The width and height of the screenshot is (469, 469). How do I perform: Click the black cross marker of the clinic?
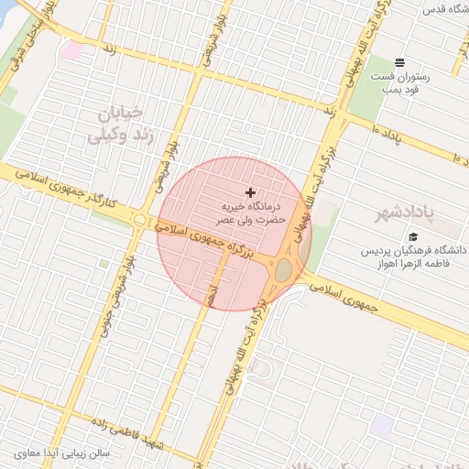250,192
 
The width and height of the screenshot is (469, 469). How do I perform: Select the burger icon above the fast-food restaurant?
401,62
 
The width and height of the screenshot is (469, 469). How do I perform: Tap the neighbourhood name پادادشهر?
409,213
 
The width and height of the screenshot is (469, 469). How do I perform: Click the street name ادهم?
211,295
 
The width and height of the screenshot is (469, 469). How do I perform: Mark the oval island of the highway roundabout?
283,269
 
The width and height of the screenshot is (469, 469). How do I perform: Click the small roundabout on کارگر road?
139,221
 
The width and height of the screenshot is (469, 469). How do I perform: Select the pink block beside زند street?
71,50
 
